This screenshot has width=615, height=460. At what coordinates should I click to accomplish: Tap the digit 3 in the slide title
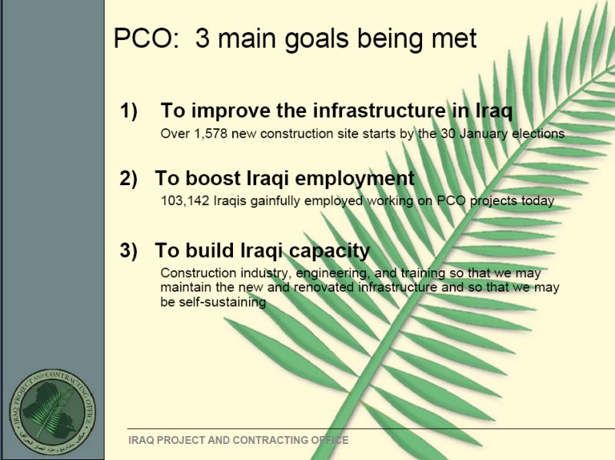coord(202,38)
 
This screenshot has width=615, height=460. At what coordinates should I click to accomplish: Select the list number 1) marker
coord(128,110)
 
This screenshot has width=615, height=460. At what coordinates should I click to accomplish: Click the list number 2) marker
coord(128,178)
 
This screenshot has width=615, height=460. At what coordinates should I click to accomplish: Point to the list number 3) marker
coord(128,250)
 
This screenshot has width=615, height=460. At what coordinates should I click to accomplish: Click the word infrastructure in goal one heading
coord(379,110)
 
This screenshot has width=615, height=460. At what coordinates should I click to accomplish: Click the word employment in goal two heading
coord(354,178)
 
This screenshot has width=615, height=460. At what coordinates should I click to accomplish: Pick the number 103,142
coord(185,200)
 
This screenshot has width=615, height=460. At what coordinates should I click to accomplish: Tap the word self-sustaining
coord(214,302)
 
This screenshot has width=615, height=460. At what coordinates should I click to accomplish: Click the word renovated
coord(324,287)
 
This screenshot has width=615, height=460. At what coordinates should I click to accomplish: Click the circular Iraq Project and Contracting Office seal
coord(52,412)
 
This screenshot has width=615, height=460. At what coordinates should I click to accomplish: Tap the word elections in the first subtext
coord(539,134)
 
